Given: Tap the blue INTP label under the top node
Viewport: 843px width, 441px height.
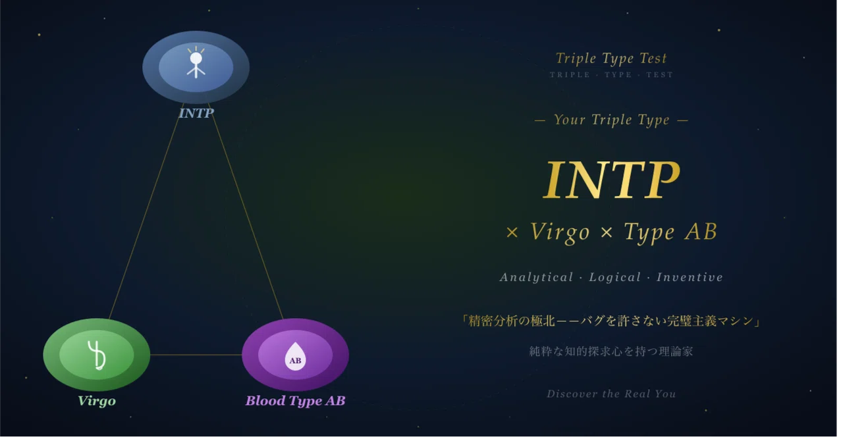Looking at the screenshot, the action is pos(197,114).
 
